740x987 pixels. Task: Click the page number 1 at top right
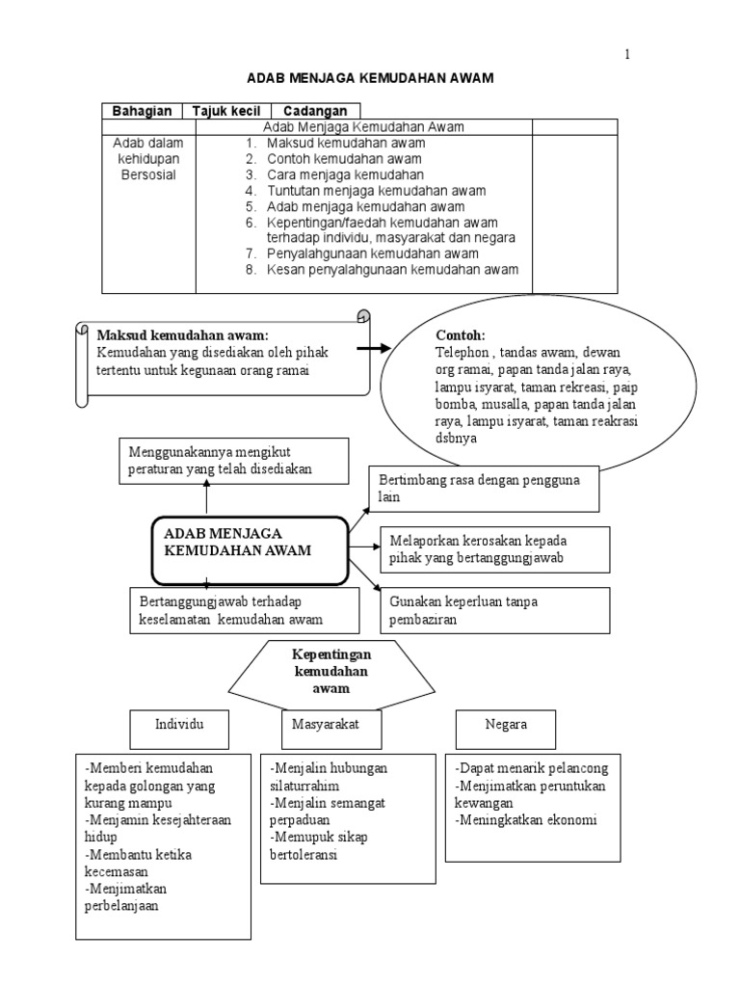pyautogui.click(x=627, y=55)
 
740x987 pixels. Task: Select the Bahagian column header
pyautogui.click(x=143, y=111)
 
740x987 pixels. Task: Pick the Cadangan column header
pyautogui.click(x=315, y=111)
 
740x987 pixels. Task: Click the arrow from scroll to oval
pyautogui.click(x=374, y=348)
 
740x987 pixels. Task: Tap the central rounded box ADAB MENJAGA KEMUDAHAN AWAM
pyautogui.click(x=249, y=549)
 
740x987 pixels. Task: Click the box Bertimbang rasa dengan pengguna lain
pyautogui.click(x=485, y=489)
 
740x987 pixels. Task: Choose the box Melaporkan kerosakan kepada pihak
pyautogui.click(x=494, y=549)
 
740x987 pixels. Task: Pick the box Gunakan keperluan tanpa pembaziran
pyautogui.click(x=494, y=610)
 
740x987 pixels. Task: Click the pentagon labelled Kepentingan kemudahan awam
pyautogui.click(x=330, y=672)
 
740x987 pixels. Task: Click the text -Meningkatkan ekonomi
pyautogui.click(x=527, y=820)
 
